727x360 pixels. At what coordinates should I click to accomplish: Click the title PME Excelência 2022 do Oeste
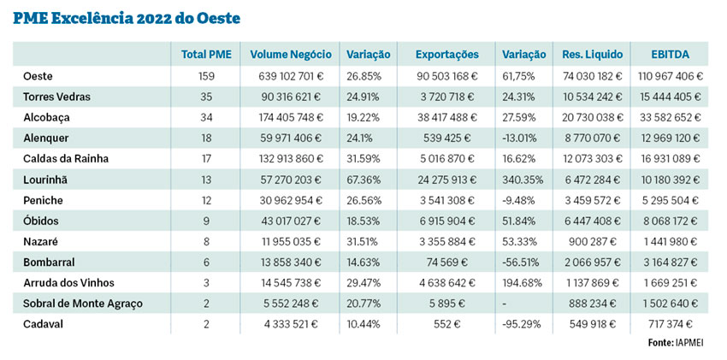point(127,17)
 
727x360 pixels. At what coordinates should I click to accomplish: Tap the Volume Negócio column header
point(291,55)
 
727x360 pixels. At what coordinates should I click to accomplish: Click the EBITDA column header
point(671,55)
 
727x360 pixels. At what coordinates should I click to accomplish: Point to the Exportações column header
point(446,55)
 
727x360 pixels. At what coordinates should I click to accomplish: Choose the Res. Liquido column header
point(591,55)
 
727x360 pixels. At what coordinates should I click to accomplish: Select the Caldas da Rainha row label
point(67,158)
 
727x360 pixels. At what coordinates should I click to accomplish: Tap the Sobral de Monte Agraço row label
point(83,303)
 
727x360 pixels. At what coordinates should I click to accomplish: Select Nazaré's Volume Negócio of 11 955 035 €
point(291,241)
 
